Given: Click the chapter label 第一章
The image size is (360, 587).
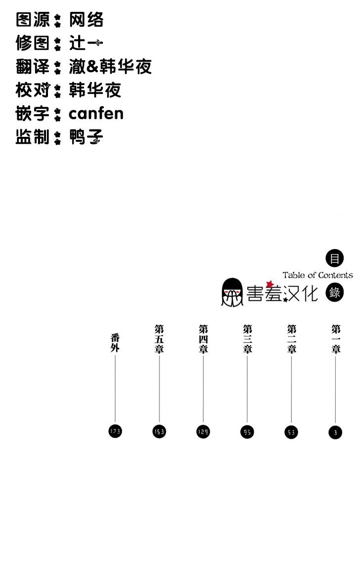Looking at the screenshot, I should [x=336, y=338].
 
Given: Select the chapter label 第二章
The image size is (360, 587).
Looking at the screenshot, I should [x=292, y=338].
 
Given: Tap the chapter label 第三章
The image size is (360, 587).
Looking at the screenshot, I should [x=248, y=338].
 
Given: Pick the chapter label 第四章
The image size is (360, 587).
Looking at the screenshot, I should [x=203, y=338].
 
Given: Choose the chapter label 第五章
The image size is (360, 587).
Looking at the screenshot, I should [x=159, y=338].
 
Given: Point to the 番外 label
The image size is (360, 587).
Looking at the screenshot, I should [x=115, y=343].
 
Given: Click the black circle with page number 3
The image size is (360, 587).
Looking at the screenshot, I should [x=335, y=433].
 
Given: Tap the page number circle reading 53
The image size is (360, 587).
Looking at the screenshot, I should [x=291, y=433].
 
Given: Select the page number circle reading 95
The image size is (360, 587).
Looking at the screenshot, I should [x=247, y=432].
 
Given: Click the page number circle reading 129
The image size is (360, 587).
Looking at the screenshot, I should [x=203, y=432].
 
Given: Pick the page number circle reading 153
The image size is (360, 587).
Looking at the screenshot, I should [x=159, y=432].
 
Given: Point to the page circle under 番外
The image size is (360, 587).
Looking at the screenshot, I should [x=115, y=432].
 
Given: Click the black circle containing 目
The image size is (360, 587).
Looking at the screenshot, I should [x=335, y=258].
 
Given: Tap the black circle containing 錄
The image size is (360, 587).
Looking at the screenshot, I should [x=335, y=293].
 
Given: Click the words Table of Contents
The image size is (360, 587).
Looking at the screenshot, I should [x=317, y=275].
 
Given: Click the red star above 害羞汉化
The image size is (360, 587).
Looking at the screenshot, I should [x=270, y=284].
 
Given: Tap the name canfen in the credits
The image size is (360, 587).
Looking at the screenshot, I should [x=96, y=114].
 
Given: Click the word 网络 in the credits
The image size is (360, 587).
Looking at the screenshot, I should [x=87, y=20].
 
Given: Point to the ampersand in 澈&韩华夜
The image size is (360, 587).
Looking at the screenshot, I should [x=93, y=67].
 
